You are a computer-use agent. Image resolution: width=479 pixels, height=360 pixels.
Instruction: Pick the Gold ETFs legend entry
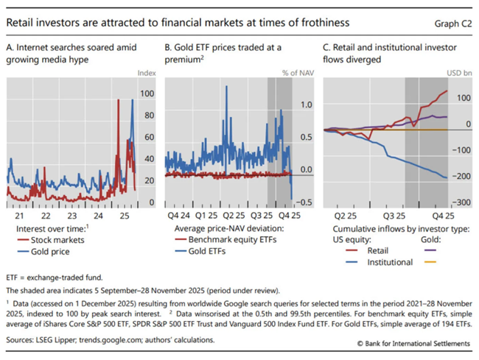(x=210, y=251)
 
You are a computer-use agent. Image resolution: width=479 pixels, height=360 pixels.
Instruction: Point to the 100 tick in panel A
(x=147, y=94)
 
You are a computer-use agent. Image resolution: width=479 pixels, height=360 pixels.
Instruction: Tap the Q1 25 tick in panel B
(x=208, y=216)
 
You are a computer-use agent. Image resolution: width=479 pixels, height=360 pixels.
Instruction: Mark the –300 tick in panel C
(x=462, y=202)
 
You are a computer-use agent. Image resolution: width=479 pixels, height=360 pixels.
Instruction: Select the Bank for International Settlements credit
(x=412, y=343)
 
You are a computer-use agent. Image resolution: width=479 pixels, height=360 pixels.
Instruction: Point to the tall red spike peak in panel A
(x=118, y=100)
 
